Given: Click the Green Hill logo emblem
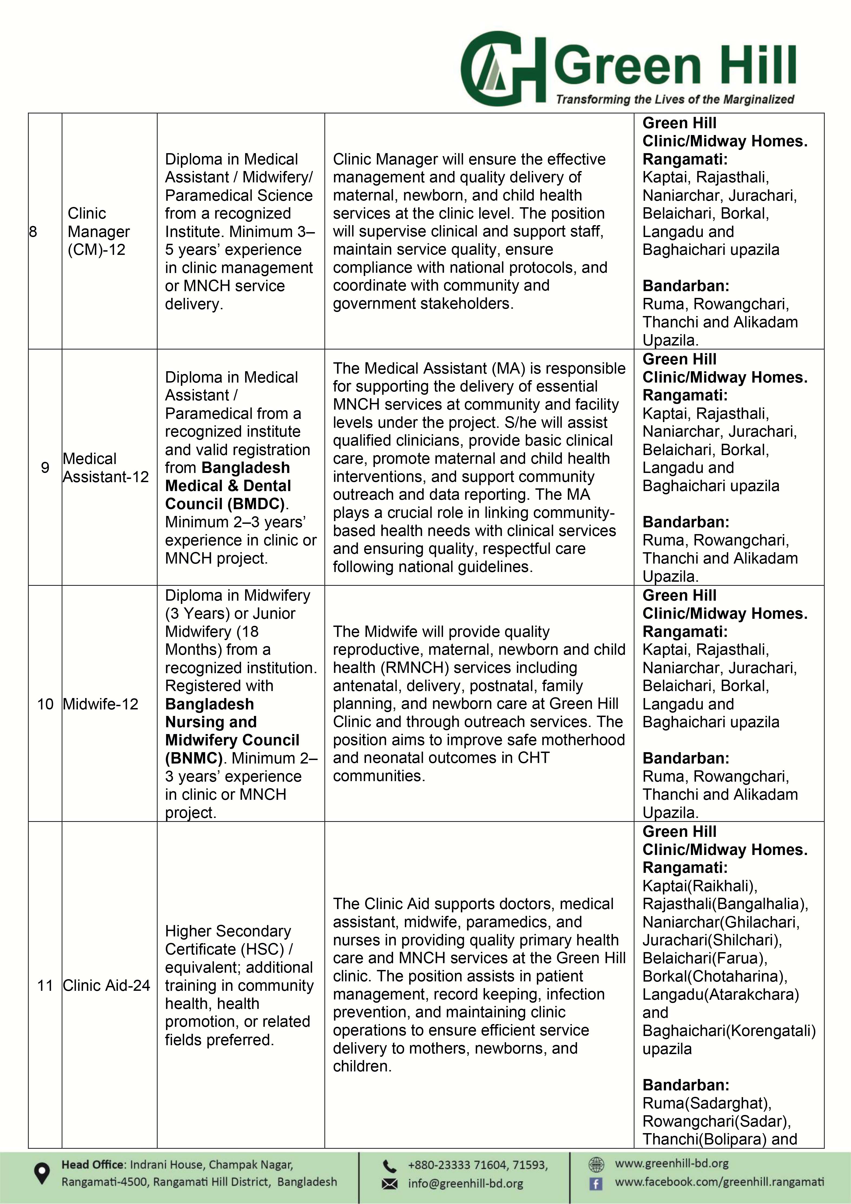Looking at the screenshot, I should [x=502, y=68].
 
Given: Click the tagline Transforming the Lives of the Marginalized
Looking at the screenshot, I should [x=675, y=99].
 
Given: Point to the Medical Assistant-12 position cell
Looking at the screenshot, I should [x=105, y=468].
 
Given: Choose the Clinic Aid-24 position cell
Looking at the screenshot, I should [x=106, y=985].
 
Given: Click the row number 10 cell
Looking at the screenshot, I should [x=45, y=704].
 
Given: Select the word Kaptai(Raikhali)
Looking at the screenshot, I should [x=700, y=886].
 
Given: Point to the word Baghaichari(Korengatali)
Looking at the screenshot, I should [x=729, y=1030].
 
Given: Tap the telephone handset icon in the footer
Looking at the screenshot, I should [x=389, y=1165].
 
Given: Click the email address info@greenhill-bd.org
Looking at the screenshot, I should [x=465, y=1183].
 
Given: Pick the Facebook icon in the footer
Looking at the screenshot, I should [x=596, y=1183].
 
